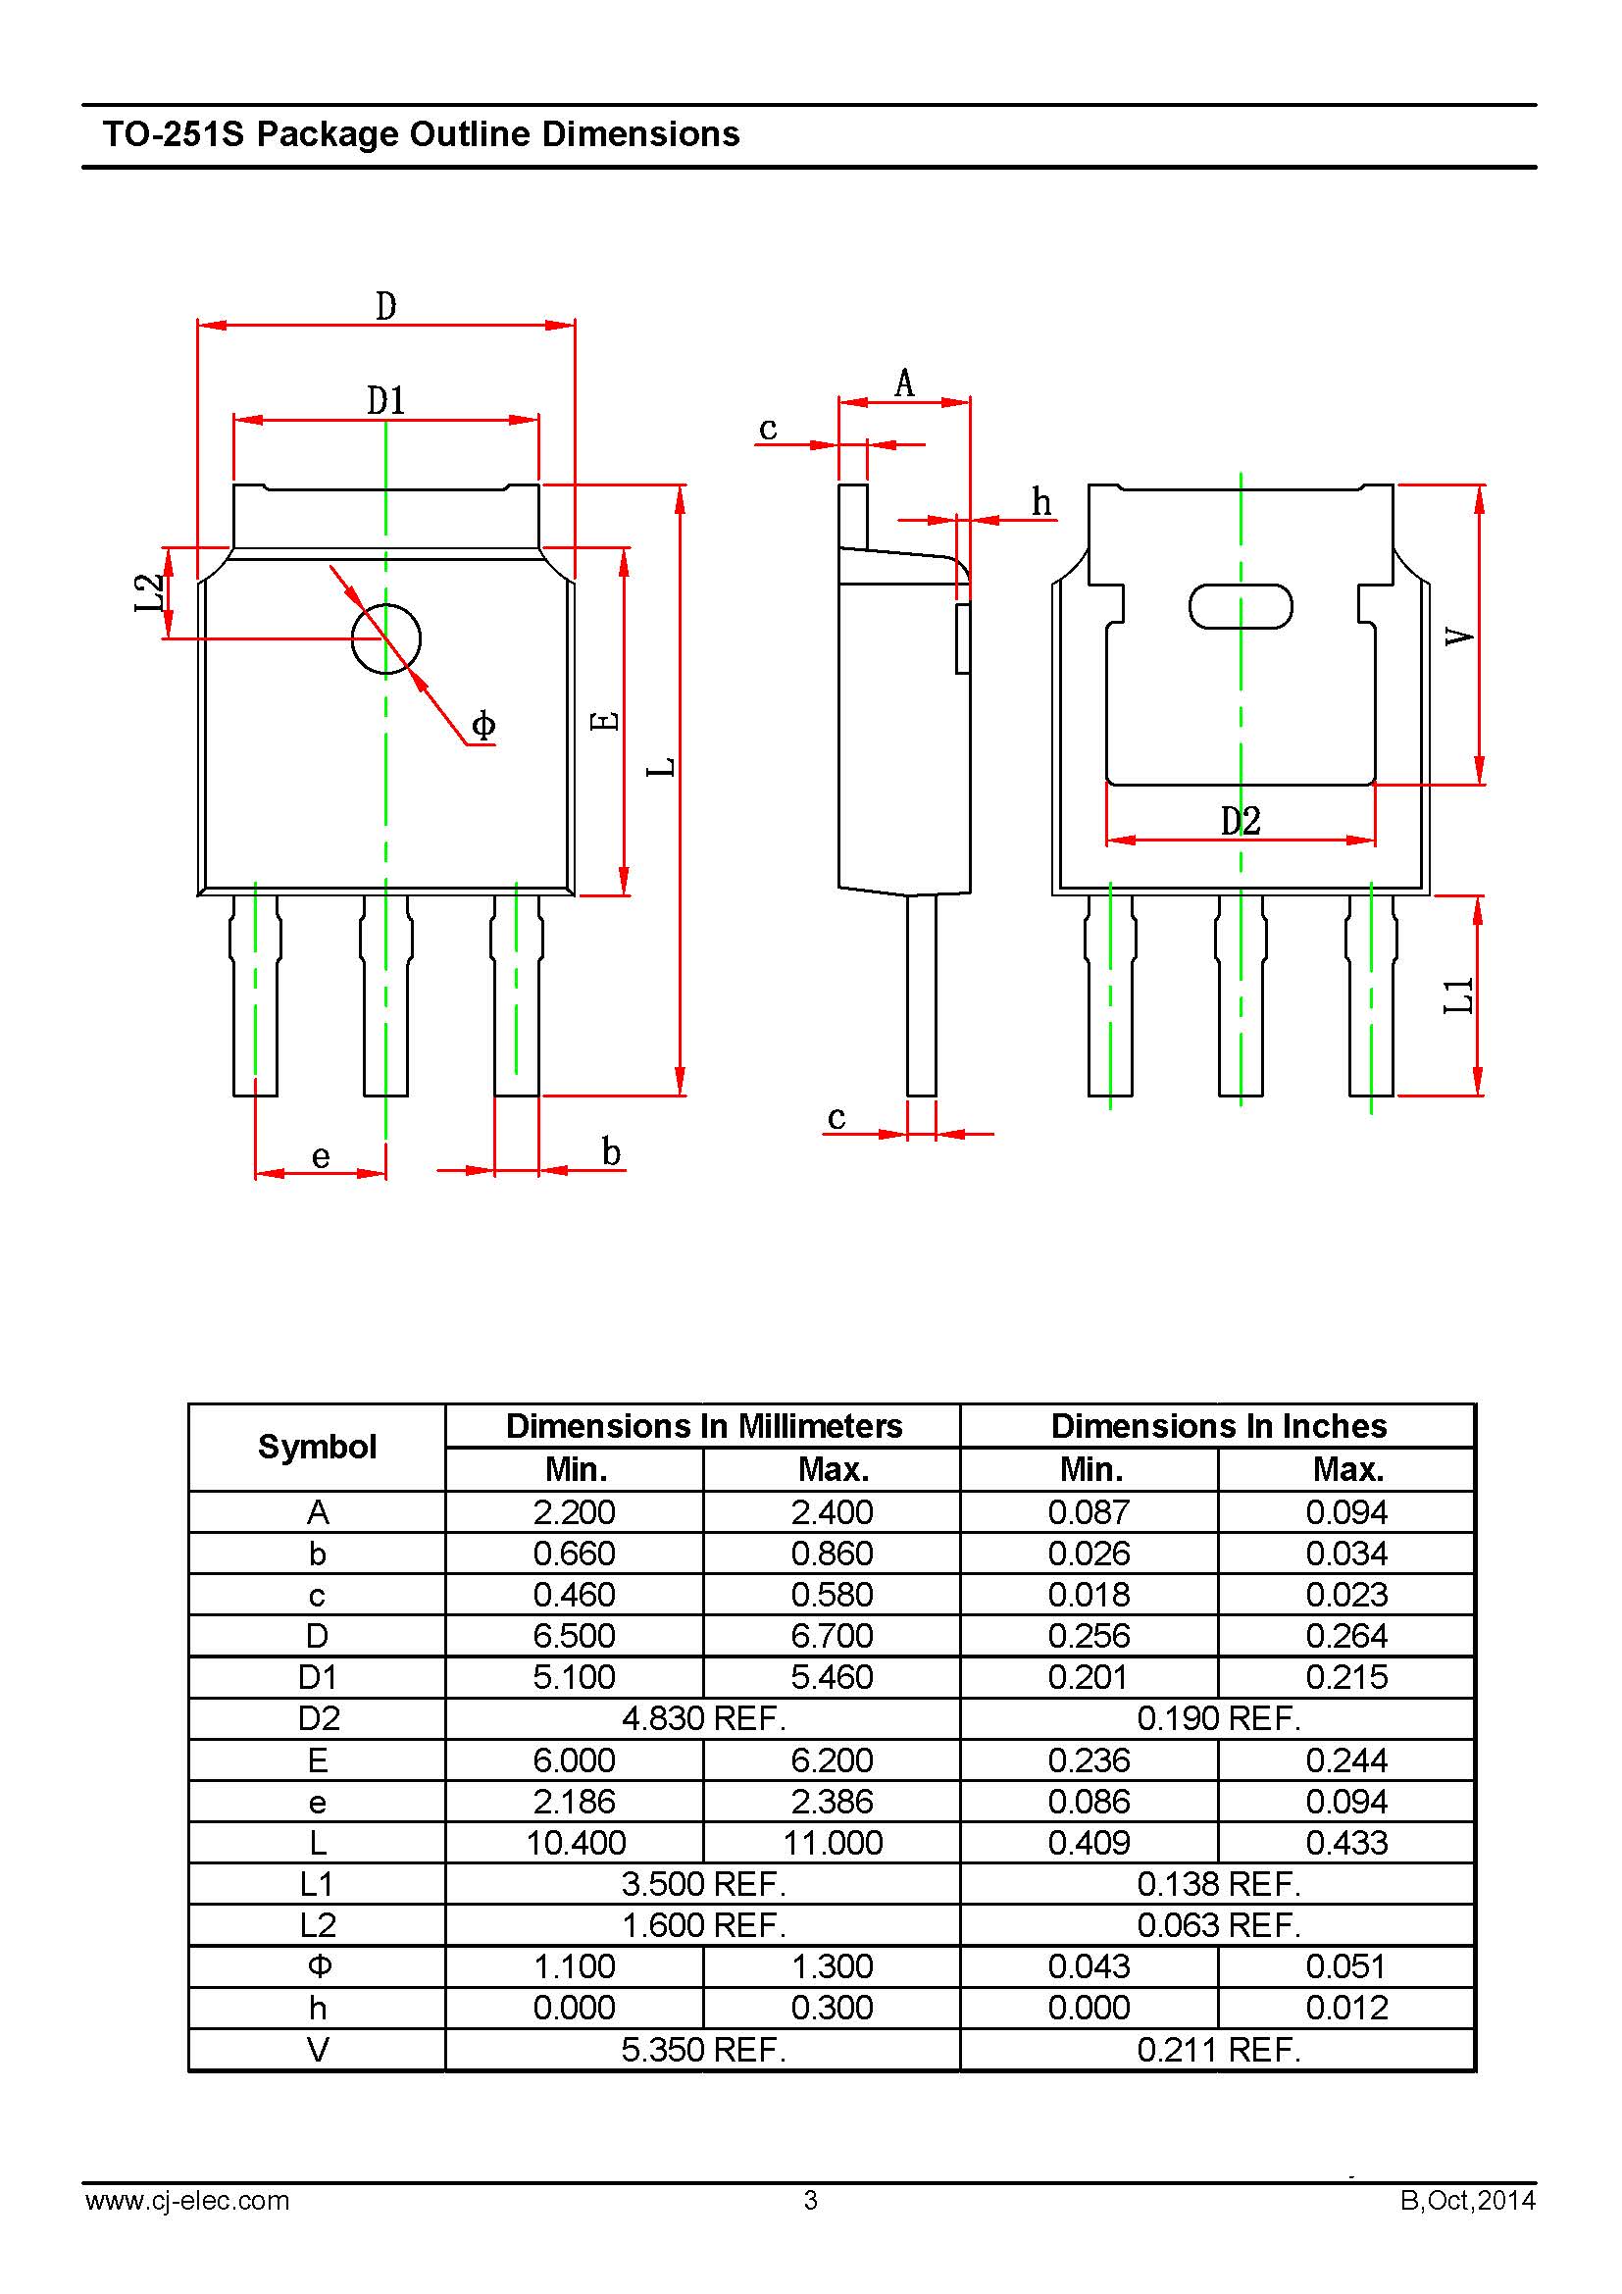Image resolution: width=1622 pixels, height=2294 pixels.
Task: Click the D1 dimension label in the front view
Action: point(385,401)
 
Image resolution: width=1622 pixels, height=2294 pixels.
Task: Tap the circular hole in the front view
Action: point(385,639)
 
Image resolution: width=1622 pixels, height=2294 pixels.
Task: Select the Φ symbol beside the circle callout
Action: point(483,726)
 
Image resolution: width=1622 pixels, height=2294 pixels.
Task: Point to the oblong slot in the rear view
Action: point(1241,606)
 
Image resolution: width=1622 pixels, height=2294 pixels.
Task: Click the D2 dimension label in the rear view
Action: point(1241,821)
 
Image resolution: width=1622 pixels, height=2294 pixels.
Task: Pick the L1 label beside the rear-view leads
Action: point(1459,995)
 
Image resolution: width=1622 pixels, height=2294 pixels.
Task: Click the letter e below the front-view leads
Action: point(321,1157)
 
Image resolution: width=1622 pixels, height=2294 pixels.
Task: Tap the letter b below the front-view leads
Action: point(611,1153)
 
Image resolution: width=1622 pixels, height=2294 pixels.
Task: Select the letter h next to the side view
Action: point(1041,502)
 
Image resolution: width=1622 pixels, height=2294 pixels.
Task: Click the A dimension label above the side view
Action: point(904,382)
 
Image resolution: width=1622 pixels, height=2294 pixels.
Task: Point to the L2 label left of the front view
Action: point(149,592)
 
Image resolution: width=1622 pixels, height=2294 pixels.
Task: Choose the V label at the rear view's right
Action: point(1459,637)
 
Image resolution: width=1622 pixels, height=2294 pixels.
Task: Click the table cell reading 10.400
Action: point(576,1843)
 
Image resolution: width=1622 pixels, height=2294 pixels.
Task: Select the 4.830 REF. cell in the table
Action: point(703,1718)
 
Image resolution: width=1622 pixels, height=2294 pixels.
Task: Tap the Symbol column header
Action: point(317,1447)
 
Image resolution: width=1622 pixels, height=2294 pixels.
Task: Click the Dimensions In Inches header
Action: point(1219,1426)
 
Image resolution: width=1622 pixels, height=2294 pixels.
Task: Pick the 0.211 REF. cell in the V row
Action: point(1219,2050)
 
